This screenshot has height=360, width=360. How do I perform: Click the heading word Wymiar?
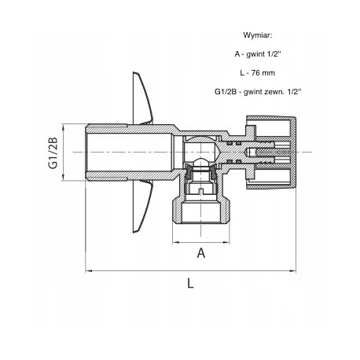pyautogui.click(x=258, y=35)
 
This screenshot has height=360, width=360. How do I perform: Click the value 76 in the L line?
pyautogui.click(x=255, y=73)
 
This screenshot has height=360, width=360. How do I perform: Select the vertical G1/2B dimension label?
pyautogui.click(x=53, y=153)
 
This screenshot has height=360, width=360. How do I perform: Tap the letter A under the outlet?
pyautogui.click(x=201, y=253)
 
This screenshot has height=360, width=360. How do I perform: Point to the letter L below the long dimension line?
pyautogui.click(x=190, y=283)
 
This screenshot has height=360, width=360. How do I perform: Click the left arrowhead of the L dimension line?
pyautogui.click(x=89, y=270)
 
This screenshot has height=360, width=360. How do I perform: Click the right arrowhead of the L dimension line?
pyautogui.click(x=292, y=270)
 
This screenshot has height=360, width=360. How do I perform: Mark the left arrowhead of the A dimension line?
pyautogui.click(x=176, y=242)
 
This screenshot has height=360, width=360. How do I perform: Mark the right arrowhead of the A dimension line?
pyautogui.click(x=226, y=242)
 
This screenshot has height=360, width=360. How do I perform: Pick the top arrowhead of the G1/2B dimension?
pyautogui.click(x=63, y=127)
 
